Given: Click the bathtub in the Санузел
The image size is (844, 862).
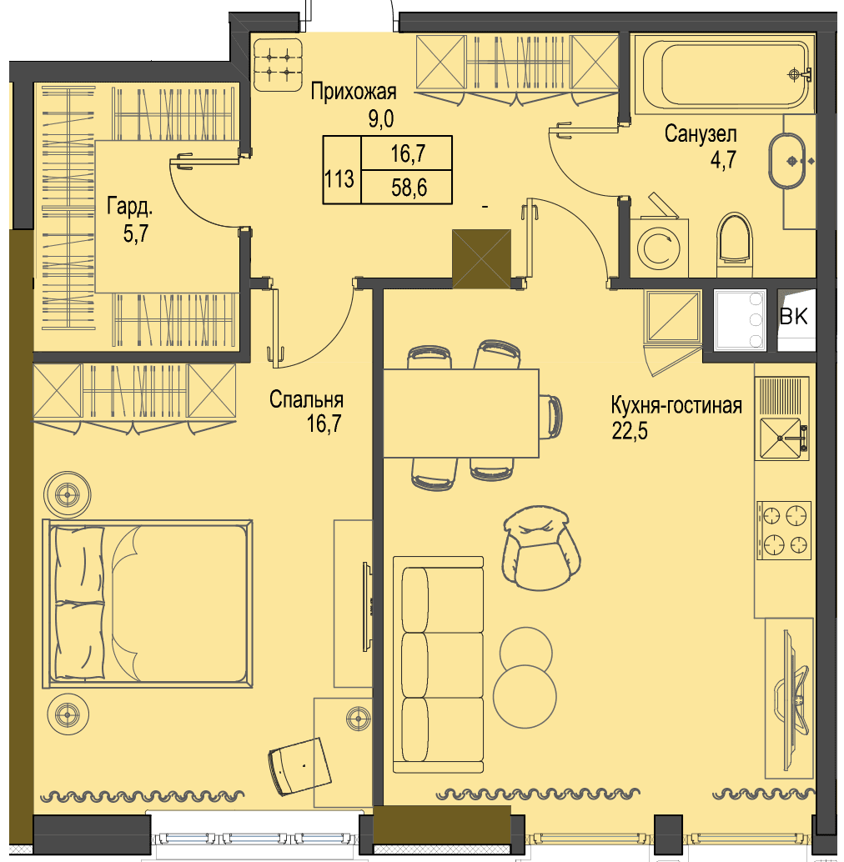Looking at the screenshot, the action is point(724,74).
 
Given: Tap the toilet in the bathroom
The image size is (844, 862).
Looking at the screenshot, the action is point(735,244).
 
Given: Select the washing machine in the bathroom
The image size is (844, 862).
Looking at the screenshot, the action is point(659,247).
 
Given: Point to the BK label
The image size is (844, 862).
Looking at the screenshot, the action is point(794,316).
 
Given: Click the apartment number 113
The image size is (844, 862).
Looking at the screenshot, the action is point(339,179).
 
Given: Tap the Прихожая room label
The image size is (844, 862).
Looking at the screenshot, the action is point(354,92).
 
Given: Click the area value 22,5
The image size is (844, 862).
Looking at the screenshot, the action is point(630,431).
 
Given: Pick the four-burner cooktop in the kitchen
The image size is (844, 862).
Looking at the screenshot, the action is point(783,530).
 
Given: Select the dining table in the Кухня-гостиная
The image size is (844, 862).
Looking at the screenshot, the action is point(460,413).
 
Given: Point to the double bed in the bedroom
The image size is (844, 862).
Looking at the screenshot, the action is point(148,604).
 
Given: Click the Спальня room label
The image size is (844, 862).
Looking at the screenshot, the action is point(306,399).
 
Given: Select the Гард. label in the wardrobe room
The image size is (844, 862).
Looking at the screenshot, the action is point(130,208).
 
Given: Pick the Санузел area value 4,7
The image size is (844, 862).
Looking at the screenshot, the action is point(723,161).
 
